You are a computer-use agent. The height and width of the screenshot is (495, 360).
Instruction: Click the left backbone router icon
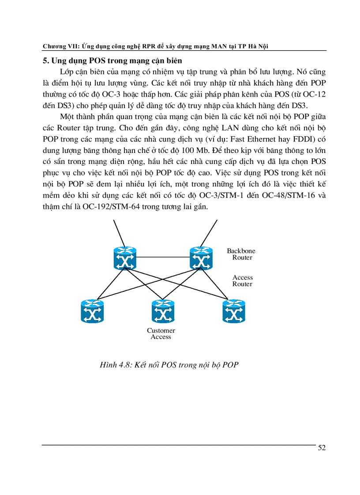pyautogui.click(x=125, y=258)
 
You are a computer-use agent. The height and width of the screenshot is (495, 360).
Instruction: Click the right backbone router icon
pyautogui.click(x=201, y=258)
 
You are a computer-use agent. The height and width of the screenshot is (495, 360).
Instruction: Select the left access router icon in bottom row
pyautogui.click(x=92, y=311)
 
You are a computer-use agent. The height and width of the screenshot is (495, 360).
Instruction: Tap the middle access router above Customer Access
pyautogui.click(x=163, y=311)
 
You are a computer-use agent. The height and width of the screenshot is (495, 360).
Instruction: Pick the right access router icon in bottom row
pyautogui.click(x=233, y=311)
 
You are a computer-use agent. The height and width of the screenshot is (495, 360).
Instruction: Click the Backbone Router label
pyautogui.click(x=241, y=254)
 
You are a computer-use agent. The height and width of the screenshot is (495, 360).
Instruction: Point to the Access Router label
pyautogui.click(x=243, y=281)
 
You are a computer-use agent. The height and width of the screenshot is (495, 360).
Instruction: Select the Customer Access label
pyautogui.click(x=161, y=334)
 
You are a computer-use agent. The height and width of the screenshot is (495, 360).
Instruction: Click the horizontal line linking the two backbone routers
pyautogui.click(x=163, y=257)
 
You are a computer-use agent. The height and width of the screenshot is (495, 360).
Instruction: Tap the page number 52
pyautogui.click(x=322, y=448)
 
